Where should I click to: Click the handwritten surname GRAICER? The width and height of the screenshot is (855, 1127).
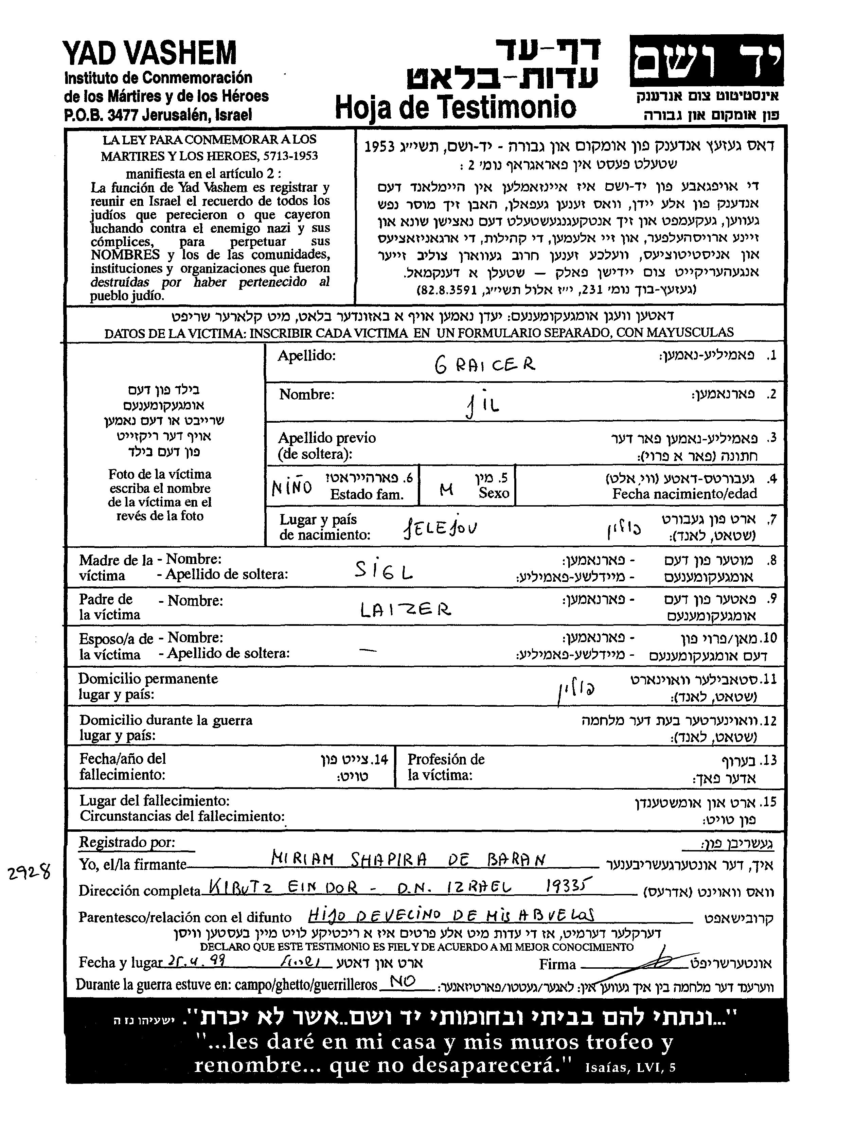click(484, 364)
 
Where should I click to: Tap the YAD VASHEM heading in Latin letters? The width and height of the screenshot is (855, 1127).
click(150, 53)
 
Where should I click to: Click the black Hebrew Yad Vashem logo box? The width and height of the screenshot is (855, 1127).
click(706, 60)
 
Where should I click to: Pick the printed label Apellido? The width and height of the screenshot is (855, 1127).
click(306, 356)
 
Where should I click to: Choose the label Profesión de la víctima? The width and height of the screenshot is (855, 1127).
click(446, 767)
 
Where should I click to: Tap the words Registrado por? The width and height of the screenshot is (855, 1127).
click(127, 842)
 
